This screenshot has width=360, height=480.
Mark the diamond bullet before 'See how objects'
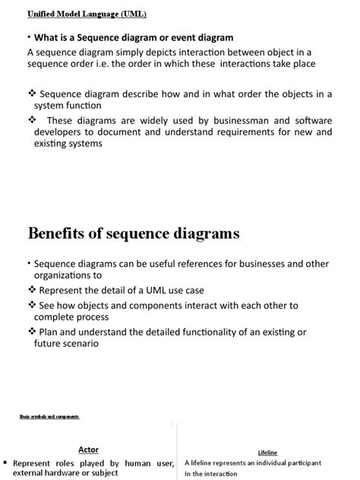32,304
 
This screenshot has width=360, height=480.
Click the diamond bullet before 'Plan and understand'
32,331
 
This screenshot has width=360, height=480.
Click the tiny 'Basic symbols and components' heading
49,417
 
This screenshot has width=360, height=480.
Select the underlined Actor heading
88,450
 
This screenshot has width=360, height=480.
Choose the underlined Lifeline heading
267,452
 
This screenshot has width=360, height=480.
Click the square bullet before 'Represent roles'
5,463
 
